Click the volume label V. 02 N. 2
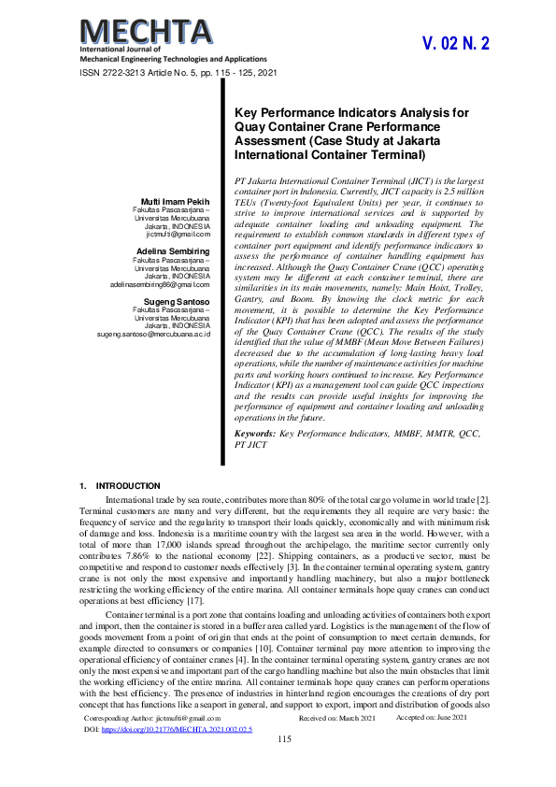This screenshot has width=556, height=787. click(x=456, y=44)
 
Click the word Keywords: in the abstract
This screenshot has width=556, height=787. click(x=254, y=435)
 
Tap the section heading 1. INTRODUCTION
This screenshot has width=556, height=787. click(x=121, y=486)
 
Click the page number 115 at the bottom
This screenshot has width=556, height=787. click(x=285, y=766)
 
